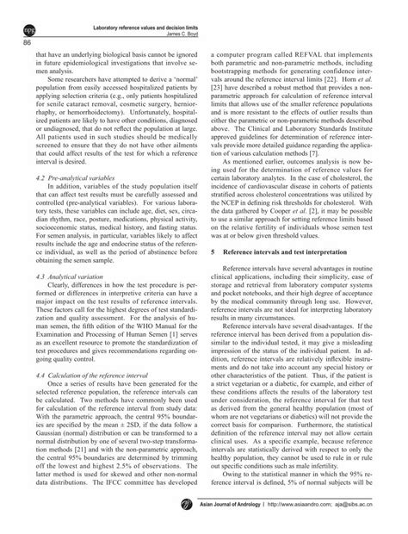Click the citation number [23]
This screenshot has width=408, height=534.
tap(220, 101)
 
